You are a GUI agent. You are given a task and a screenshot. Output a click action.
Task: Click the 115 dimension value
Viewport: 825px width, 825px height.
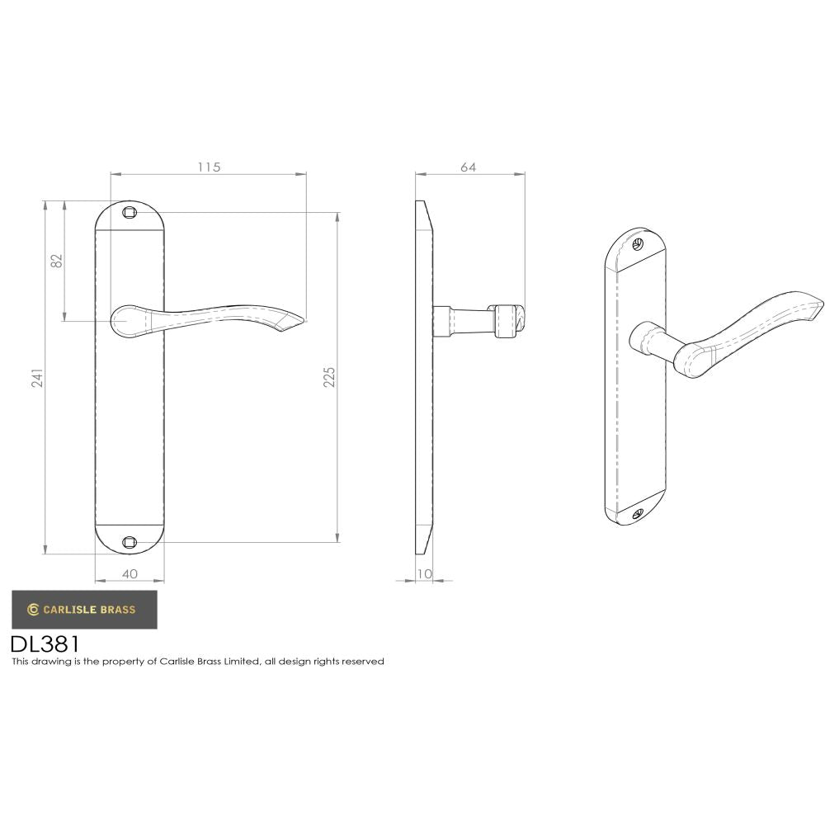(209, 167)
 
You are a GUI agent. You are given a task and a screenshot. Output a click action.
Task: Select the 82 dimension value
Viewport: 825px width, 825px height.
(57, 261)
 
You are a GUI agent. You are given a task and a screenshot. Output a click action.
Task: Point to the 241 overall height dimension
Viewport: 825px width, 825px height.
(36, 378)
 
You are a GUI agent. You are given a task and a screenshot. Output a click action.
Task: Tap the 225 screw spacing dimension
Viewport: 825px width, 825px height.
(329, 377)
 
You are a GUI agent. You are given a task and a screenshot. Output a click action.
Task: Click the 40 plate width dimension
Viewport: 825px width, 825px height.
(130, 573)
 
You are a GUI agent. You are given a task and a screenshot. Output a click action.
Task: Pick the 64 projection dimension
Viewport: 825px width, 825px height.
(468, 167)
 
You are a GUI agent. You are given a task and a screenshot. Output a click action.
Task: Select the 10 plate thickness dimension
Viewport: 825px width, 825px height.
(424, 573)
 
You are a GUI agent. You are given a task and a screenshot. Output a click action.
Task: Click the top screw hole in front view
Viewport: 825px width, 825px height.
(129, 213)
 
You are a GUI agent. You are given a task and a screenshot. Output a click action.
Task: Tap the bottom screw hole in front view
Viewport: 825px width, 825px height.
(129, 542)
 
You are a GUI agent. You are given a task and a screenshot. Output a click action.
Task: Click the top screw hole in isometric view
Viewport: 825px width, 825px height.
(637, 244)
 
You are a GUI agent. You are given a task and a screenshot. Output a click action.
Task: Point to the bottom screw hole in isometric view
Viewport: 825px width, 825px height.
(636, 514)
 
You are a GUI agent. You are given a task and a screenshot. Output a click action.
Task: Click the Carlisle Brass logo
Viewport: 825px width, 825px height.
(83, 610)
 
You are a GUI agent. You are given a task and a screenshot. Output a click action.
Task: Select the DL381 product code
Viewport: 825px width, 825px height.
(45, 643)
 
